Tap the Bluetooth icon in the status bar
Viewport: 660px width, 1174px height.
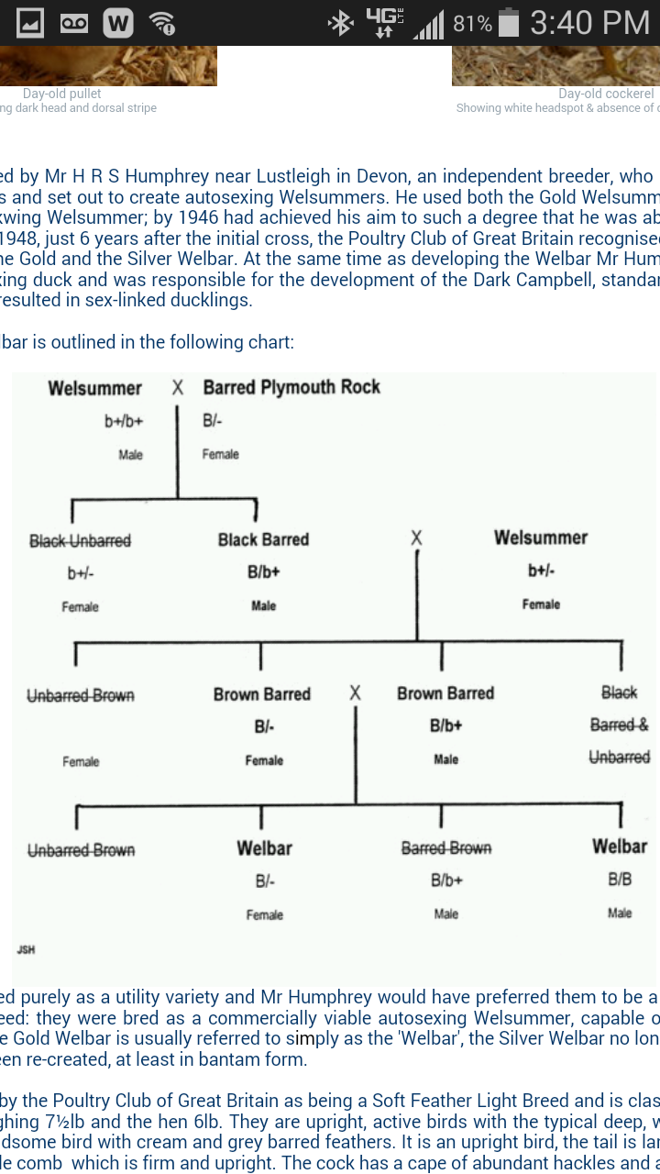tap(341, 23)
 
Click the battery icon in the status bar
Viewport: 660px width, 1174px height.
tap(510, 23)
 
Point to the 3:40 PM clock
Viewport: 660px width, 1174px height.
tap(589, 23)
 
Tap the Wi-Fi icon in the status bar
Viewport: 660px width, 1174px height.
tap(163, 23)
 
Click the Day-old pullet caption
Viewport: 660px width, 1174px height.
tap(62, 94)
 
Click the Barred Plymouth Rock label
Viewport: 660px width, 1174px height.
tap(291, 387)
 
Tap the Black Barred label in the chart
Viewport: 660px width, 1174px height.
tap(263, 539)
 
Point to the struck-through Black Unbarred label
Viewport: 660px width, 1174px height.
tap(80, 540)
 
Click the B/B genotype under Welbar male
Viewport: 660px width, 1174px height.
tap(620, 880)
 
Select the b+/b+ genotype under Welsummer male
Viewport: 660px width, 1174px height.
tap(124, 421)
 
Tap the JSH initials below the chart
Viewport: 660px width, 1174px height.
tap(27, 949)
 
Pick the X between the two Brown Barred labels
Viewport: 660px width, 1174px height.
tap(355, 693)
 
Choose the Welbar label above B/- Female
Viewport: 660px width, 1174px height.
tap(264, 847)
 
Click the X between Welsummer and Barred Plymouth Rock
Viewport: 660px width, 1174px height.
tap(178, 388)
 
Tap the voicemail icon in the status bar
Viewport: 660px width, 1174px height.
tap(74, 23)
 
